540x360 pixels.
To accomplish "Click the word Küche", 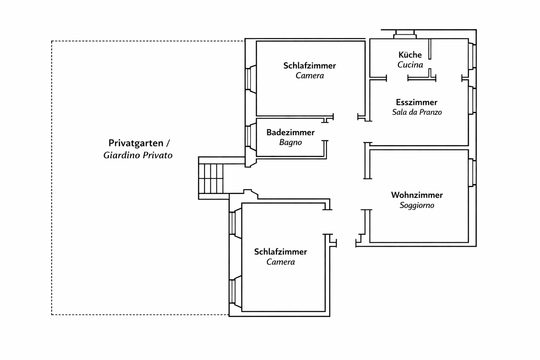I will pos(410,55).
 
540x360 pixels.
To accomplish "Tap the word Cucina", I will pos(410,65).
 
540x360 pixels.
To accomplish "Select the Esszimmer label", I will pos(417,102).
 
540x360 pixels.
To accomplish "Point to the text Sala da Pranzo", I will pos(417,112).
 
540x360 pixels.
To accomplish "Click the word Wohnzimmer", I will pos(417,195).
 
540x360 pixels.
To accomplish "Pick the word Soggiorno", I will pos(417,205).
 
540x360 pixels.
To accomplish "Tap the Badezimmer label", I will pos(290,133).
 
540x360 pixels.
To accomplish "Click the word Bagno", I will pos(290,142).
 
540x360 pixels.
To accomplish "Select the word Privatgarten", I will pos(136,143).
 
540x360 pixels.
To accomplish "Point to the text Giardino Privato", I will pos(138,155).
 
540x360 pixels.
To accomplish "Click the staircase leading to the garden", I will pos(211,178).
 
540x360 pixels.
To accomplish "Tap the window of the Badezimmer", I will pos(248,136).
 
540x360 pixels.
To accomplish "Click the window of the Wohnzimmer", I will pos(473,173).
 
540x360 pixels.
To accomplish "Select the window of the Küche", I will pos(473,56).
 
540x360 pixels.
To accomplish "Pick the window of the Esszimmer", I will pos(473,100).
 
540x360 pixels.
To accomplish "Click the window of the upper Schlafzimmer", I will pos(248,79).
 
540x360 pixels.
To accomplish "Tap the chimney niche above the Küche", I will pos(405,34).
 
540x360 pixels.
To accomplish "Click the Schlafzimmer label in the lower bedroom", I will pos(281,252).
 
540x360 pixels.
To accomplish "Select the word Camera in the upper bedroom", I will pos(309,76).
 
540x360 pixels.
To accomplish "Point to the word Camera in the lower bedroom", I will pos(281,262).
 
